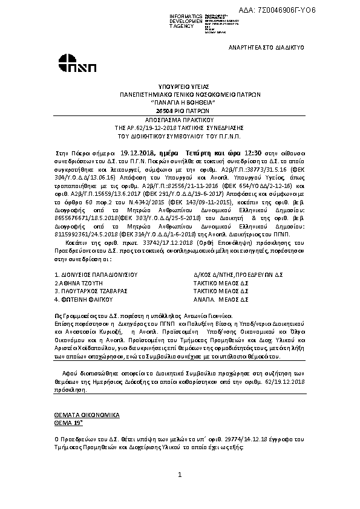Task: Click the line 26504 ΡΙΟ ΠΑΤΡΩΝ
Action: [179, 111]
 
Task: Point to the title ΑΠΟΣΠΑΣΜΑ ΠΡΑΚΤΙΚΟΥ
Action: [179, 120]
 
